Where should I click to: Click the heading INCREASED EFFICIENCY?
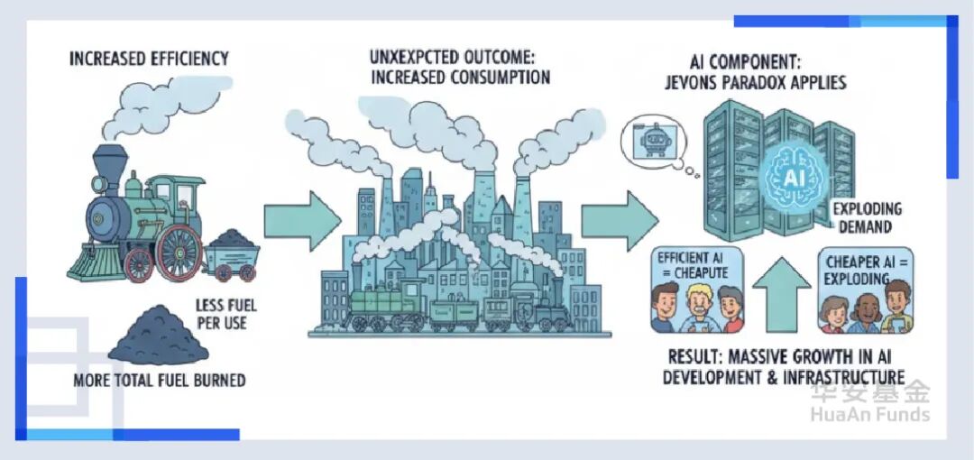(150, 60)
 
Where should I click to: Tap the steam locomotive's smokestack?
(110, 161)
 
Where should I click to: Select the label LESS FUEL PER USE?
(221, 314)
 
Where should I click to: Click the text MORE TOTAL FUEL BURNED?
(159, 381)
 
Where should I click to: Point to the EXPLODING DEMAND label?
(867, 217)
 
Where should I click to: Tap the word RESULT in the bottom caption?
(699, 355)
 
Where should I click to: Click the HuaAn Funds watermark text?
(869, 415)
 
